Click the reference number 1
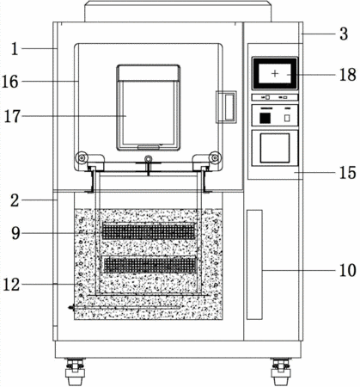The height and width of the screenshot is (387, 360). tap(15, 49)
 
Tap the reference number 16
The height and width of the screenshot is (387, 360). tap(10, 82)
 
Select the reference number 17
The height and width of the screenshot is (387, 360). tap(12, 116)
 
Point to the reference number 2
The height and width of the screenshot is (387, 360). tap(15, 200)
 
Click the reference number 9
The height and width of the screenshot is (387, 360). tap(15, 233)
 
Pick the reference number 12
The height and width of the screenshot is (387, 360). tap(11, 285)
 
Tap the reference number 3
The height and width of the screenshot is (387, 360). tap(344, 34)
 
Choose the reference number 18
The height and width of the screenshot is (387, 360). tap(348, 75)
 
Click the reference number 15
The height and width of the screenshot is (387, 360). tap(348, 173)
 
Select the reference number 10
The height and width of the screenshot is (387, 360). tap(348, 270)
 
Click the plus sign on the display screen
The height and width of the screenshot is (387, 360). tap(275, 74)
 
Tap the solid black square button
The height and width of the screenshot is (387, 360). tap(265, 118)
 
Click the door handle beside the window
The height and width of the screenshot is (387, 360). tap(226, 107)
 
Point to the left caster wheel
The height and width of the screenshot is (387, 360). tap(75, 372)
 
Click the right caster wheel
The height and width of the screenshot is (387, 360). tap(281, 372)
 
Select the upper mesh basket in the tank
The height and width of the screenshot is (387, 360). tap(149, 231)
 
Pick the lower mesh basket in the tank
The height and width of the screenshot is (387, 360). tap(149, 265)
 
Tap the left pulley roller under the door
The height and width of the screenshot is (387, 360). tap(81, 157)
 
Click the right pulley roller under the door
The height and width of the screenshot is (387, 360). tap(216, 157)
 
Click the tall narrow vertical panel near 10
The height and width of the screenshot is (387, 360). tap(254, 264)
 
